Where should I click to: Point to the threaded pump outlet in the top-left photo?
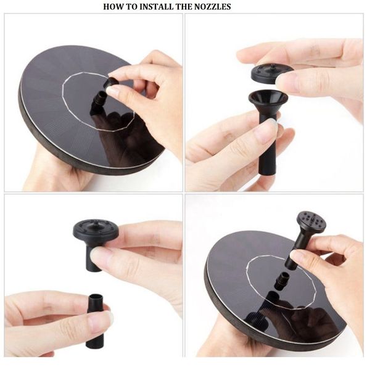click(100, 98)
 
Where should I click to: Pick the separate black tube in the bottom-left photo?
click(95, 320)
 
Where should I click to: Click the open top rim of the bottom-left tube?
click(96, 296)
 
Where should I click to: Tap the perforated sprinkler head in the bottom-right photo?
click(311, 222)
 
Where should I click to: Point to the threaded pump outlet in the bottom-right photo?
click(282, 281)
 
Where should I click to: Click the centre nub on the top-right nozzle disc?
click(271, 67)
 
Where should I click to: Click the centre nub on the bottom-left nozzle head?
click(96, 225)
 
